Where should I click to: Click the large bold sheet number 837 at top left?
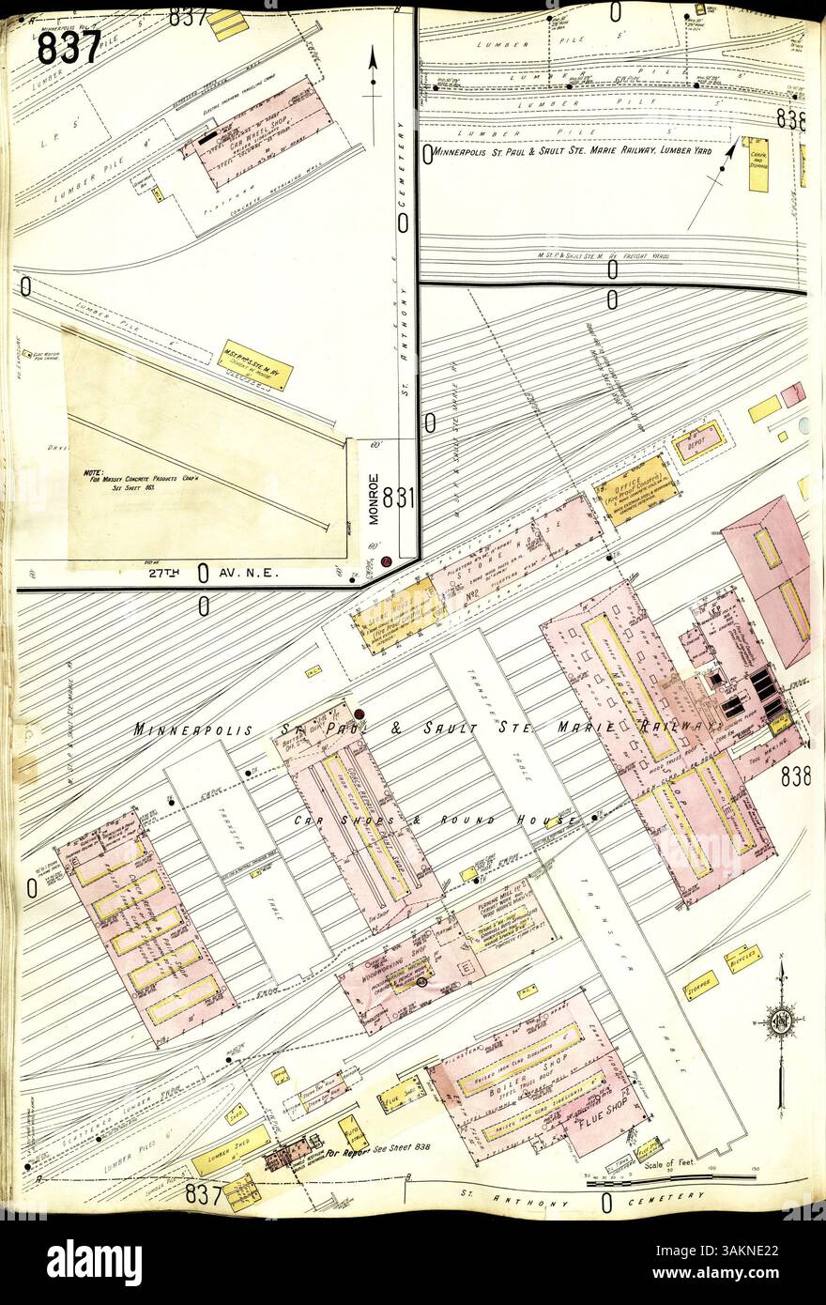tap(69, 46)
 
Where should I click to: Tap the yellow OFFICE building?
tap(638, 488)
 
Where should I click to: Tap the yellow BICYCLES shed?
tap(742, 959)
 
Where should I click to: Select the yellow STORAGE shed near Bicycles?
tap(700, 985)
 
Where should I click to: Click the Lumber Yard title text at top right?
tap(570, 150)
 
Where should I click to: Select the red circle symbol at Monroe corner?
tap(386, 561)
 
